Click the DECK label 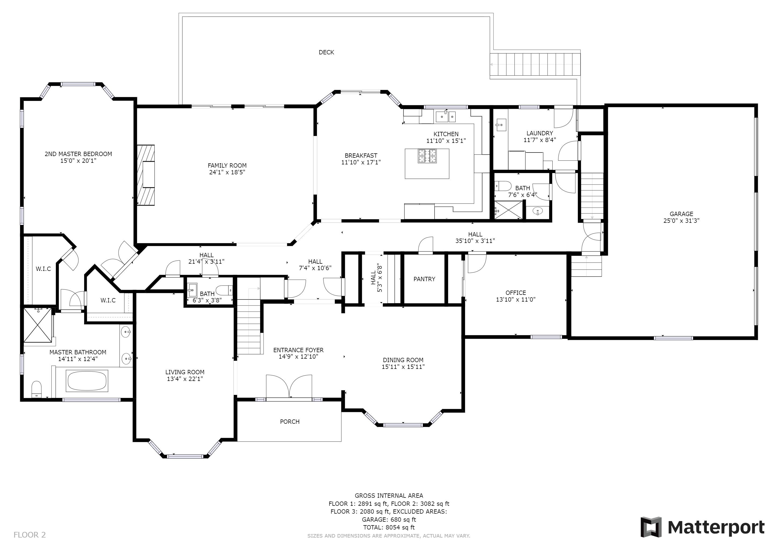click(326, 52)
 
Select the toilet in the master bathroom click(36, 390)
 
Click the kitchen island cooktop click(427, 156)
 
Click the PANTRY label click(424, 279)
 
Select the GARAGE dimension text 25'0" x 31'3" click(682, 221)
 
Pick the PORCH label click(290, 422)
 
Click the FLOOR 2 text click(30, 535)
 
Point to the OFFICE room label click(516, 292)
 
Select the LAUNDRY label click(540, 133)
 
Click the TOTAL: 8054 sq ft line click(389, 527)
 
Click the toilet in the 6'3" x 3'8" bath click(225, 290)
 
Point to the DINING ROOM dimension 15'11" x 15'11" click(403, 366)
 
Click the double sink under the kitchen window click(446, 116)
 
